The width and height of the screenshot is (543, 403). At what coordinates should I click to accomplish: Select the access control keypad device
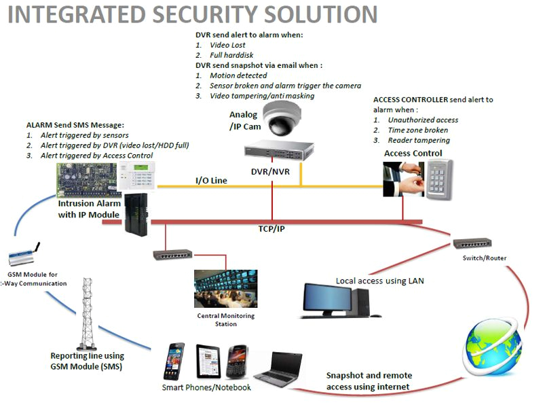pos(441,178)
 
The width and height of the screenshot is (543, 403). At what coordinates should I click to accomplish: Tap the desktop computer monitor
pos(326,299)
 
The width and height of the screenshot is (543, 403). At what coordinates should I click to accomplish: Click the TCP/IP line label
pos(271,229)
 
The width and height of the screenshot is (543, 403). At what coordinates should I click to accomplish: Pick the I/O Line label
pos(211,180)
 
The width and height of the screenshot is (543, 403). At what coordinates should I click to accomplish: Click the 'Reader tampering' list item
pos(419,140)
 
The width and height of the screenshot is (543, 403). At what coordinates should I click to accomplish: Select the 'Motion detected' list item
pos(238,75)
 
